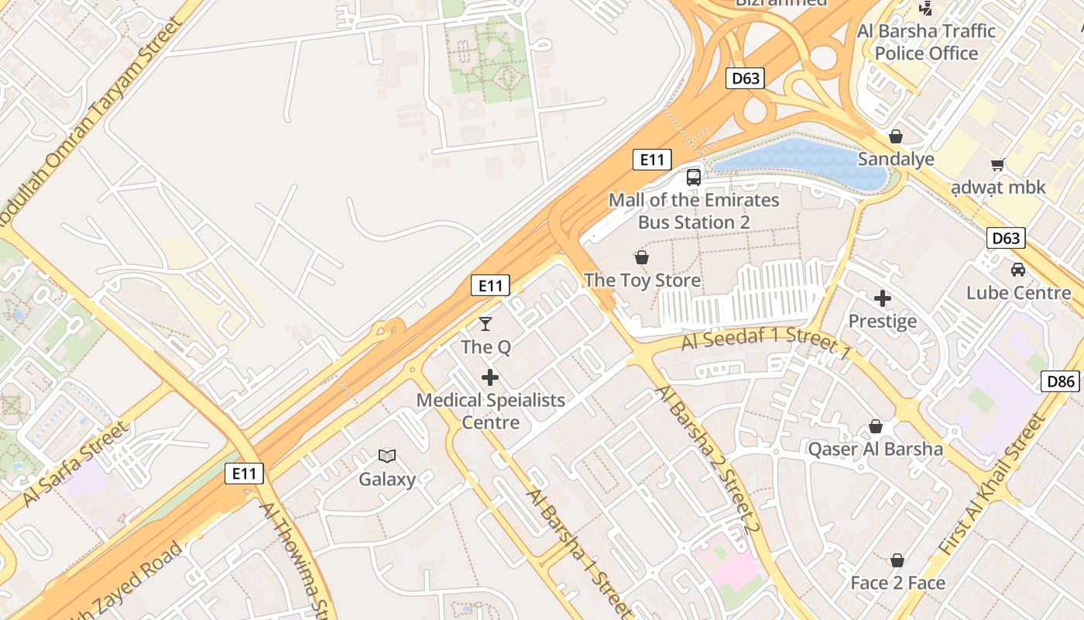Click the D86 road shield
1060,381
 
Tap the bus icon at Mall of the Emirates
694,177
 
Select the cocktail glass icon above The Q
485,323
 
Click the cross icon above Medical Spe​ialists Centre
490,377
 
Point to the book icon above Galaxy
387,456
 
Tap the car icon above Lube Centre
1017,270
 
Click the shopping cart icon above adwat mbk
998,164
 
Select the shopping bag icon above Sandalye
896,136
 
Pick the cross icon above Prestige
883,298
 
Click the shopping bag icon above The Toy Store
642,257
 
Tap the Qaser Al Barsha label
876,449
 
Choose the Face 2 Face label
898,583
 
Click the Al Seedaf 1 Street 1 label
766,342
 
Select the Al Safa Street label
74,464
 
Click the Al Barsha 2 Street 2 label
708,458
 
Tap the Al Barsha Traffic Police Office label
926,42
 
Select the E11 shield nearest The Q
490,285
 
